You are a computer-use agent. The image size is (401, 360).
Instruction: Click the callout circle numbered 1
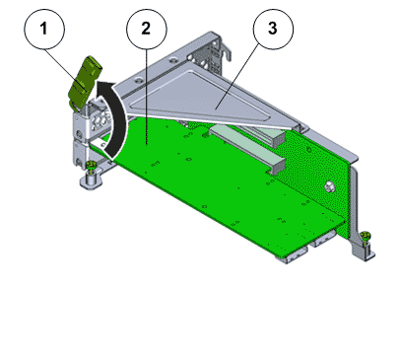pyautogui.click(x=44, y=30)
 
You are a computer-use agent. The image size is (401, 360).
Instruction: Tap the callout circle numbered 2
pyautogui.click(x=147, y=30)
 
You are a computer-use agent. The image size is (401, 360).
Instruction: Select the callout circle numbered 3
pyautogui.click(x=273, y=30)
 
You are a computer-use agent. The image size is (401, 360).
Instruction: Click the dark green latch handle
pyautogui.click(x=85, y=82)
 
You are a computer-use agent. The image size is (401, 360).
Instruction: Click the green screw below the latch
pyautogui.click(x=91, y=166)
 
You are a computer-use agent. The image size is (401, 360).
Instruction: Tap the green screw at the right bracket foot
pyautogui.click(x=365, y=237)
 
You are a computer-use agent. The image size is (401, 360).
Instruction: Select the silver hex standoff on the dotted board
pyautogui.click(x=329, y=186)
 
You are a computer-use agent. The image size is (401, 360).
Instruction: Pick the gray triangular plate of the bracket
pyautogui.click(x=210, y=99)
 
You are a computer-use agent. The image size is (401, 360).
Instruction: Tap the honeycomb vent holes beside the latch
pyautogui.click(x=100, y=120)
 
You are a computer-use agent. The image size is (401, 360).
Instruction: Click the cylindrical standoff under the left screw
pyautogui.click(x=91, y=180)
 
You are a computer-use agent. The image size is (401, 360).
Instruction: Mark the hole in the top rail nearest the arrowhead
pyautogui.click(x=139, y=79)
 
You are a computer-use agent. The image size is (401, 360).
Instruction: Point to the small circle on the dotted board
pyautogui.click(x=308, y=150)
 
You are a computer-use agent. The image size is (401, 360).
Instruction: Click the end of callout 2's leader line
pyautogui.click(x=147, y=144)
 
